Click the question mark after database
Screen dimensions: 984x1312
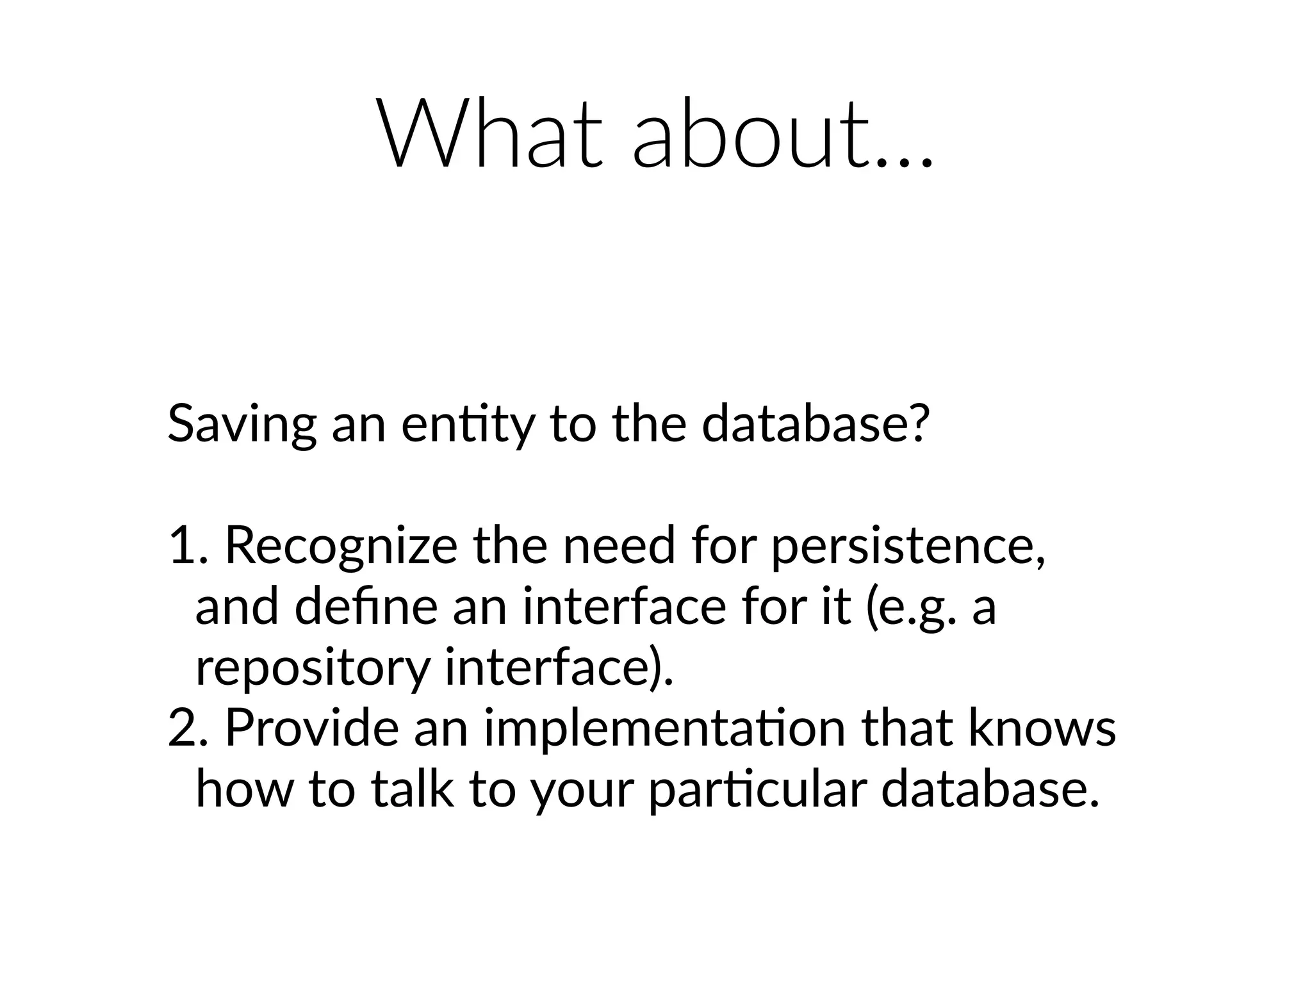[x=917, y=423]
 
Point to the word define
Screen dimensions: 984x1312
[x=366, y=607]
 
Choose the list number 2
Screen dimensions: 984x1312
[x=183, y=728]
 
